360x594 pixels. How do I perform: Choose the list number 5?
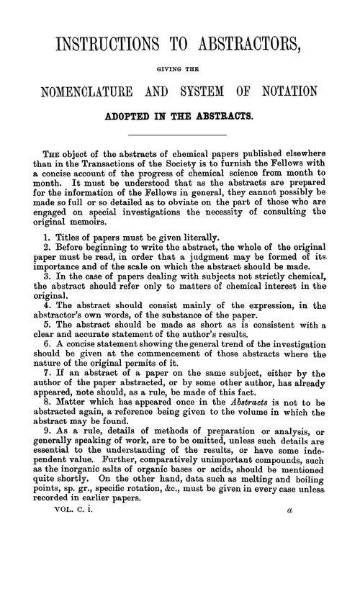click(x=47, y=360)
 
